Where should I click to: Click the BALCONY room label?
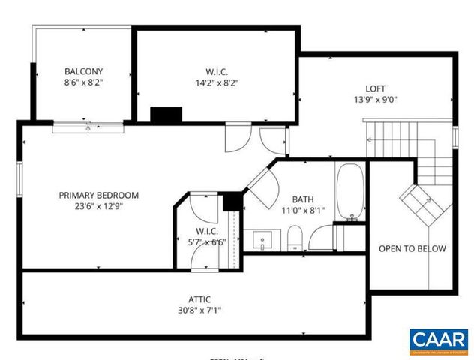(x=83, y=71)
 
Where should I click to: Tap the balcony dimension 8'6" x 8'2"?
(x=83, y=83)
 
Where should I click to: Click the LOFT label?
(x=375, y=87)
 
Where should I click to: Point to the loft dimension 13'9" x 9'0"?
(x=375, y=99)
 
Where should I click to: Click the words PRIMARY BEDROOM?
(x=109, y=195)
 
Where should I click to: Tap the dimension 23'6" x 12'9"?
(x=109, y=208)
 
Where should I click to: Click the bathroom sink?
(x=261, y=241)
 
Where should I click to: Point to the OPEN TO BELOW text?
(x=412, y=249)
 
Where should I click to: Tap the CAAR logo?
(x=439, y=341)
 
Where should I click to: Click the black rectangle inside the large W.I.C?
(x=166, y=115)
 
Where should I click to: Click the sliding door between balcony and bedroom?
(x=88, y=127)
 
